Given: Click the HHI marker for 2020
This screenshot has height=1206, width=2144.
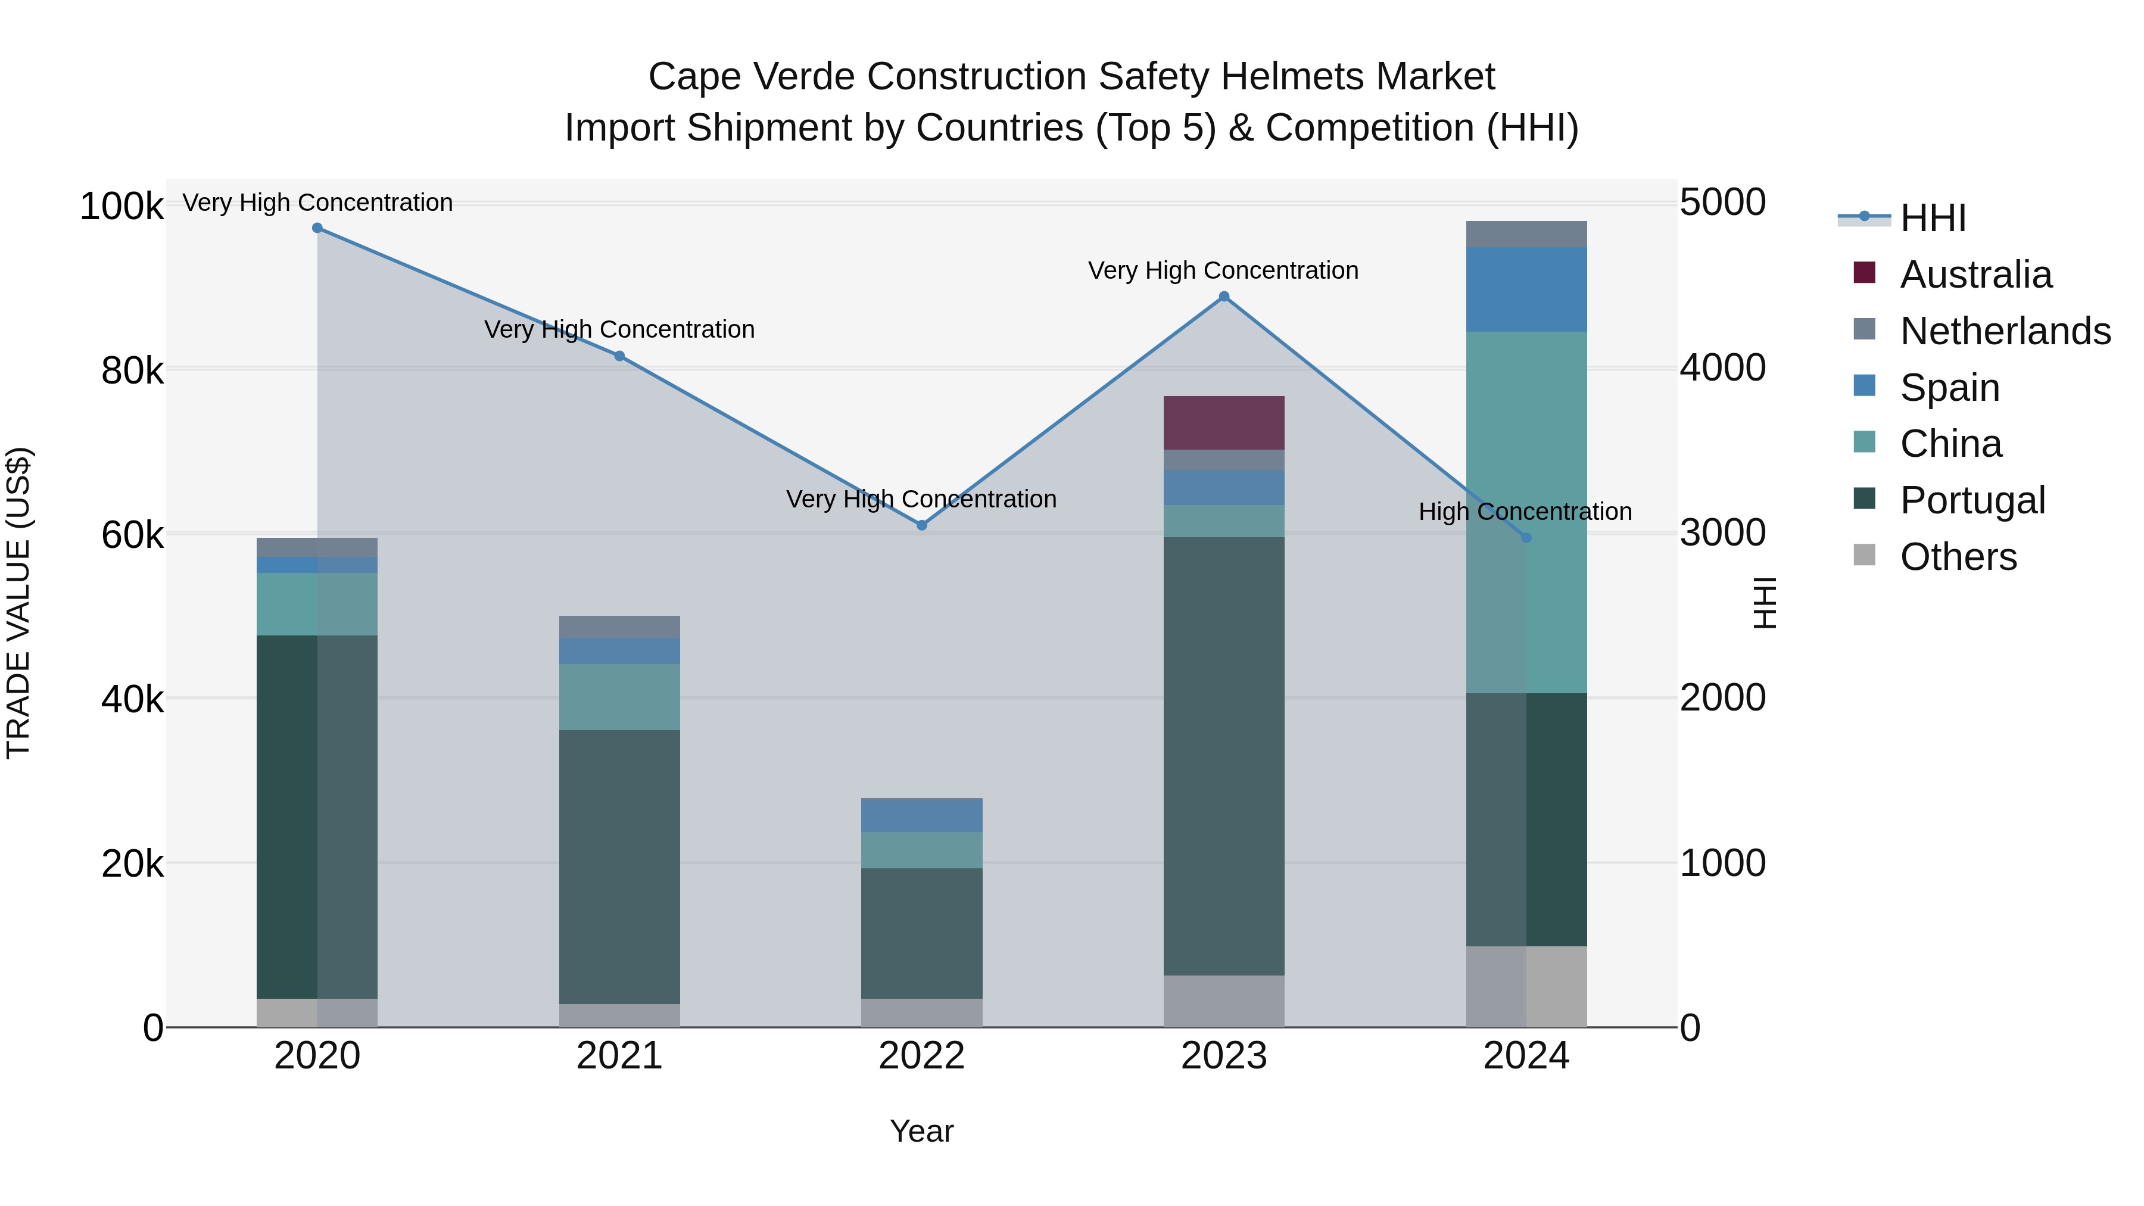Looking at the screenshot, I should [317, 228].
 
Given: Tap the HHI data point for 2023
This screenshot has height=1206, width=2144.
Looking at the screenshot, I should [1223, 297].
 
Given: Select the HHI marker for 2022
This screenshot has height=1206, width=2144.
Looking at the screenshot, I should [921, 525].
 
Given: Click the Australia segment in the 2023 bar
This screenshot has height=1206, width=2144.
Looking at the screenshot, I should [1223, 423].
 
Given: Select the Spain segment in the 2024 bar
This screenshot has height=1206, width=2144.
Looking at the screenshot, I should [1526, 289].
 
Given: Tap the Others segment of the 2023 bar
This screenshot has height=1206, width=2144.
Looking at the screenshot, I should [1223, 1001].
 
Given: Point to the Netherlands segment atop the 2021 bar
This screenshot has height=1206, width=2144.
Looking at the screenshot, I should [619, 627].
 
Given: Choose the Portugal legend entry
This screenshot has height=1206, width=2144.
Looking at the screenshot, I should [1972, 500].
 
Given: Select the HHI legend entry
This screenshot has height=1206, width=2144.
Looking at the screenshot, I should [1933, 218].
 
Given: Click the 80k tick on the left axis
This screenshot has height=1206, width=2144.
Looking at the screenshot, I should [132, 370].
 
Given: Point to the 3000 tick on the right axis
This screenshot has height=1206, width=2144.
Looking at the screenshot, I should [1722, 532].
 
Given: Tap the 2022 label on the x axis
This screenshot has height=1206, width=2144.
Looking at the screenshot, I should [921, 1056].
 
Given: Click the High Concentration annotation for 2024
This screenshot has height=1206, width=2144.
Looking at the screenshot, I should [1525, 511].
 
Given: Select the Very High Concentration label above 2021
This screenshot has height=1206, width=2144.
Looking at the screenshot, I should [619, 329].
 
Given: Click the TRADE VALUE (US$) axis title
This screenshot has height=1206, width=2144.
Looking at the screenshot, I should [18, 603].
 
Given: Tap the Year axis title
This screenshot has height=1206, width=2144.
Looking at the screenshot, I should [921, 1131].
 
